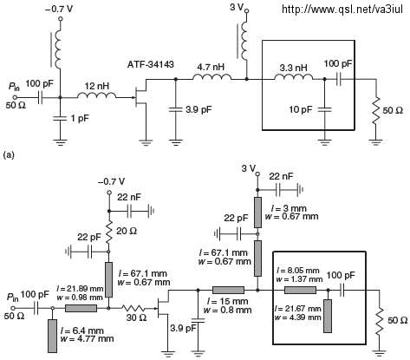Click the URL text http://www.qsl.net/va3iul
342,10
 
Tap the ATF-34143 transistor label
151,64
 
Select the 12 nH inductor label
97,86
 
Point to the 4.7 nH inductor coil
212,77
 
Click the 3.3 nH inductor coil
293,77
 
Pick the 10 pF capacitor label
301,109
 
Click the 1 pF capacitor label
79,118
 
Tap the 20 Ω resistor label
127,231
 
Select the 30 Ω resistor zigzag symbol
135,308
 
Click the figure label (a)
9,155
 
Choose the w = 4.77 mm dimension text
87,338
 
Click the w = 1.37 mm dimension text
299,279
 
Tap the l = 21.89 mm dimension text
80,288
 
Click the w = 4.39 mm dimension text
298,317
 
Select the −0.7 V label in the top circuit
59,9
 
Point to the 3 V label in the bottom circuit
249,168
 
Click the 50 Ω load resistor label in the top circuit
393,110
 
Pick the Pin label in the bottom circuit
13,297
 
